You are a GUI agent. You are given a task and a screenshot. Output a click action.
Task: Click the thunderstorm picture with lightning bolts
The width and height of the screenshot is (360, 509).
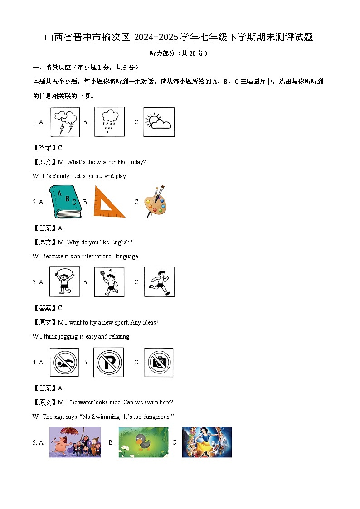pos(64,122)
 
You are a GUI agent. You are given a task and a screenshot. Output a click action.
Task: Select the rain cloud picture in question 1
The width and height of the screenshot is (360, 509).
pos(109,122)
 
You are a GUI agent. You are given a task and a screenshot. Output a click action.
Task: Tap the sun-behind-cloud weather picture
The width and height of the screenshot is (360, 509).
pos(159,122)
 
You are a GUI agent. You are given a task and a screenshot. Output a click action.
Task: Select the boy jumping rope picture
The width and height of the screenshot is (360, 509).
pos(64,282)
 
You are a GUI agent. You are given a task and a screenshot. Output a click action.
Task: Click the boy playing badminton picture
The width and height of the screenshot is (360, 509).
pos(109,282)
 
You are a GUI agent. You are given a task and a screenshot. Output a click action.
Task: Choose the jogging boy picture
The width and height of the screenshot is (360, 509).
pos(159,282)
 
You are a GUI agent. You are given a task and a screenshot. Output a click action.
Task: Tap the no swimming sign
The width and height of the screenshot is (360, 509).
pos(64,362)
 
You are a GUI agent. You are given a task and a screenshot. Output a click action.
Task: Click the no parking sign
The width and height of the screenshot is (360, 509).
pos(108,362)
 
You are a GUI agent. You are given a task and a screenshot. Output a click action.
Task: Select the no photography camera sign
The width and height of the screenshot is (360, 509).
pos(159,362)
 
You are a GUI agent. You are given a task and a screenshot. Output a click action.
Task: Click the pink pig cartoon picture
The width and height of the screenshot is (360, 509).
pos(75,442)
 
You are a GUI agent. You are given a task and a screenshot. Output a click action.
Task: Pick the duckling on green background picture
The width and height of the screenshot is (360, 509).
pos(143,442)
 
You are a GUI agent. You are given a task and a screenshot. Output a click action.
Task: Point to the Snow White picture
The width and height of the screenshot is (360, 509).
pos(207,442)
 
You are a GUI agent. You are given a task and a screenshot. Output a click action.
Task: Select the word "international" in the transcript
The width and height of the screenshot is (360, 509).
pos(97,257)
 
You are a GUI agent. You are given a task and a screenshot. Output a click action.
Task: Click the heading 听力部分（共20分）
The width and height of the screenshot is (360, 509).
pos(180,53)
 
